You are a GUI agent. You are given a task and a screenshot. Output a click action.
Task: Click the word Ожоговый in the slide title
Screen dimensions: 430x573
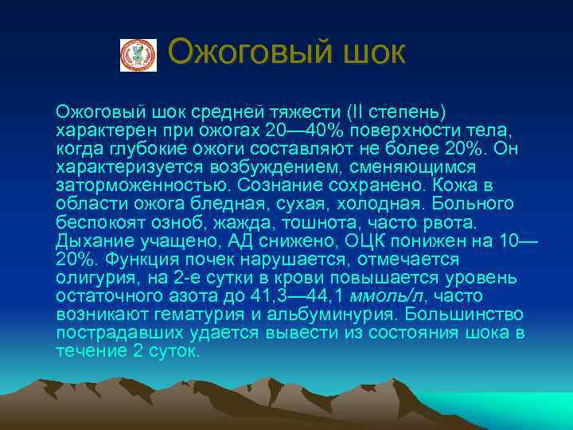(236, 53)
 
